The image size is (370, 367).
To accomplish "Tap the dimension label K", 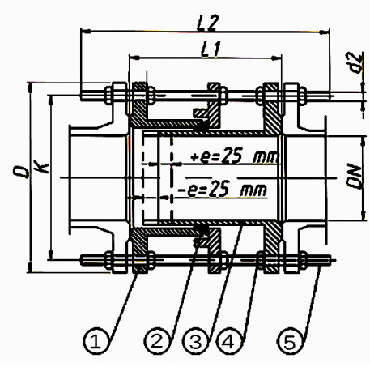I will point(38,172).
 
